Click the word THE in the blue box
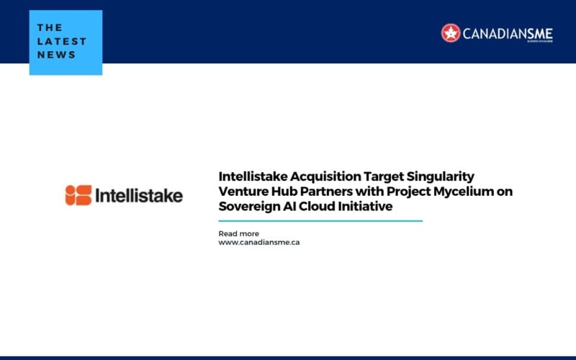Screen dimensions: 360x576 50,28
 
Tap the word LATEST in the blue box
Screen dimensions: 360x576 62,42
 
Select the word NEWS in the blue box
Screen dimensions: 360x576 56,55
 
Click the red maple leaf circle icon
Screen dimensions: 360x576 451,32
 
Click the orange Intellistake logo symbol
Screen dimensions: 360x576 78,195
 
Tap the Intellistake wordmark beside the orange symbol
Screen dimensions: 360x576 139,195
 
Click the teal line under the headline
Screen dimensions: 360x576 320,221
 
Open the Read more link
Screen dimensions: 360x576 238,233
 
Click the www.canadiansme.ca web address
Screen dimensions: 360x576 258,243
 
